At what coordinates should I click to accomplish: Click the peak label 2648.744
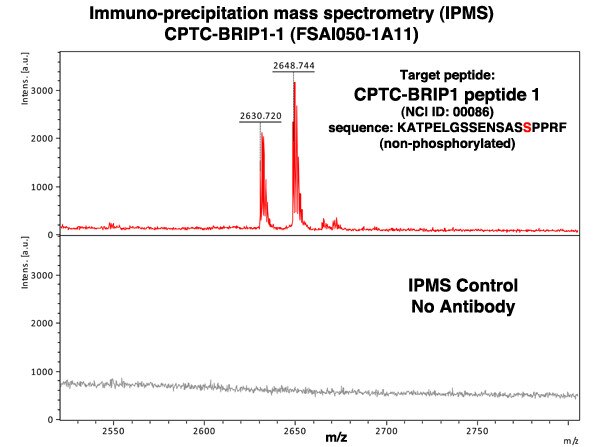coord(294,65)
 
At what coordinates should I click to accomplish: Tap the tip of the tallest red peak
coord(294,83)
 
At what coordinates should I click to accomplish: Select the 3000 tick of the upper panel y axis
coord(44,90)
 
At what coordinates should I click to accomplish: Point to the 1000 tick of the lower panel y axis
coord(44,371)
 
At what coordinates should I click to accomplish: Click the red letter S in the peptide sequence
coord(526,128)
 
